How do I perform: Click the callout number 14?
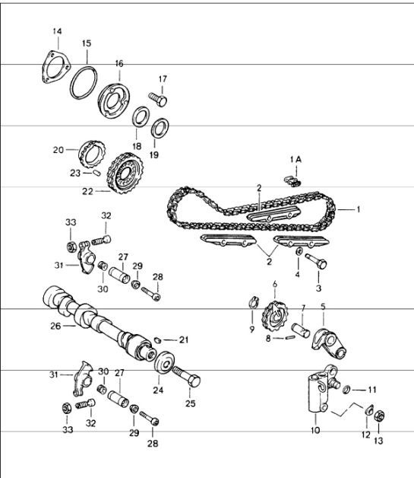[56, 30]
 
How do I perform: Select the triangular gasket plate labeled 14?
[52, 67]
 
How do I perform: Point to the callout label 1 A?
[295, 160]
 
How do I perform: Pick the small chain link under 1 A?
[292, 181]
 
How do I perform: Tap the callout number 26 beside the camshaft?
[55, 327]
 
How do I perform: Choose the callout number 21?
[182, 339]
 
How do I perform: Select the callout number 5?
[323, 308]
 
